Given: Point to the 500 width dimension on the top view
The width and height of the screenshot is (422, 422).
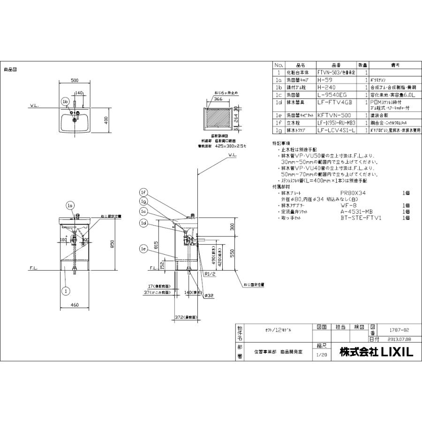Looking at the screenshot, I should tap(74, 80).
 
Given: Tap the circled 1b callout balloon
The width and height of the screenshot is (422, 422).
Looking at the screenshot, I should tap(65, 101).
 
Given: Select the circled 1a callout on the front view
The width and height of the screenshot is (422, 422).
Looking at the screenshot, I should tap(70, 205).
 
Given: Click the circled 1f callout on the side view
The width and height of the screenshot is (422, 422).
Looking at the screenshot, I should tap(143, 192).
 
